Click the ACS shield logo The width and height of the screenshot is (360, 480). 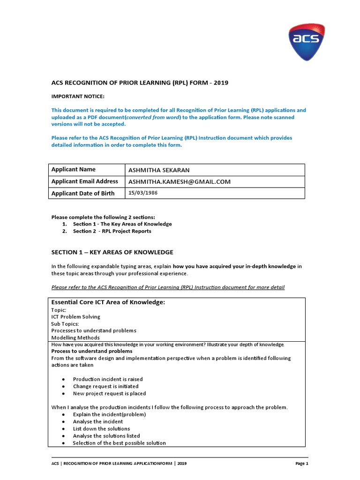306,42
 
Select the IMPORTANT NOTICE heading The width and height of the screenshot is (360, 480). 78,96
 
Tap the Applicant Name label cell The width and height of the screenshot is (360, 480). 73,169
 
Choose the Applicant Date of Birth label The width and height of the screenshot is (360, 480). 83,193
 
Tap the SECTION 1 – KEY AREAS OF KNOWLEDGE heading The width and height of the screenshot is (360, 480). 112,252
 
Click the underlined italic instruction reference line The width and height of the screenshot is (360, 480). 168,287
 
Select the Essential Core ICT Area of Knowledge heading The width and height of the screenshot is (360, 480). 108,302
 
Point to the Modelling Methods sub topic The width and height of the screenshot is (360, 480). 75,337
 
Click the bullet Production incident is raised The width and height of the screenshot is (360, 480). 108,379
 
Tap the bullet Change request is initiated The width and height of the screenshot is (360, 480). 105,386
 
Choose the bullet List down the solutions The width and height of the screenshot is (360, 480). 101,428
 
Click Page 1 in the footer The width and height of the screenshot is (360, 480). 302,464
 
